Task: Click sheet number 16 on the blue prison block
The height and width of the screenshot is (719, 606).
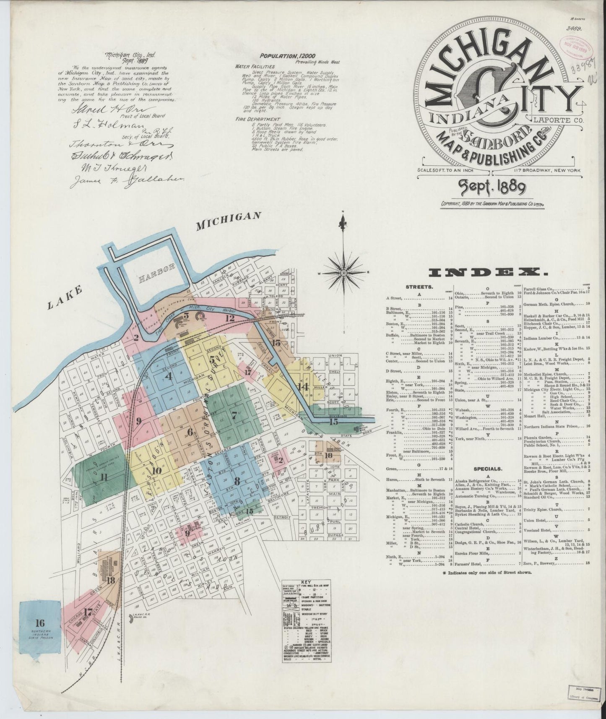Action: coord(40,622)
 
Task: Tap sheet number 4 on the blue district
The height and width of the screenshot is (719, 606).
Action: coord(169,376)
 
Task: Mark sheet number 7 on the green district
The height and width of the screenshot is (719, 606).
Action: coord(234,416)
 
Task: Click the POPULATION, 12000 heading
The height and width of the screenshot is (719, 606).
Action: coord(287,56)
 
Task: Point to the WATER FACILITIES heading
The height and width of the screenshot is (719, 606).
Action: coord(255,66)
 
